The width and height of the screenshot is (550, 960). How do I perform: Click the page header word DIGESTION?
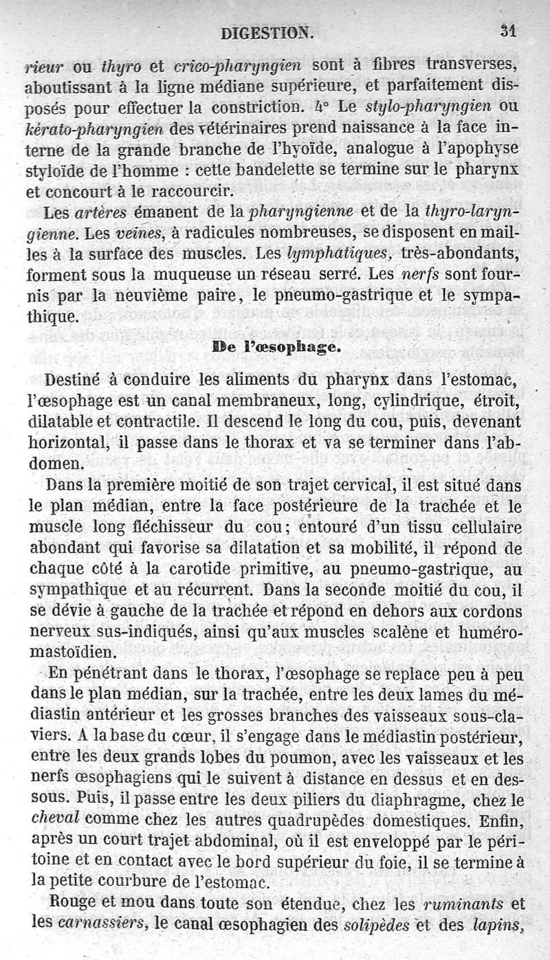coord(267,32)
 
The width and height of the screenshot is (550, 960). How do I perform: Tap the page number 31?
coord(509,31)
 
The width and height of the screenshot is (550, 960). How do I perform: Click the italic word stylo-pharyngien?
coord(423,107)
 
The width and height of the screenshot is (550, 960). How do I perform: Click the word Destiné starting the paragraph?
coord(77,380)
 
